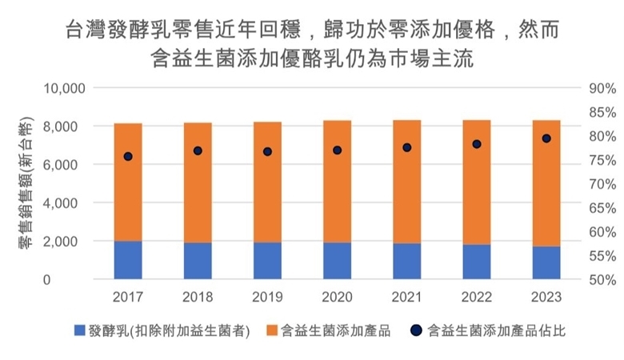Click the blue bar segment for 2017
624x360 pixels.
click(x=127, y=260)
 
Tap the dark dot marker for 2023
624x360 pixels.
click(x=546, y=138)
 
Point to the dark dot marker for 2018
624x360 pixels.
click(x=198, y=150)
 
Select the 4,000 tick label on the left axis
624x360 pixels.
click(x=62, y=203)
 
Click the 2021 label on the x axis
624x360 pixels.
click(x=406, y=298)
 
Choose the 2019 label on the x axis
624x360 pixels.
click(x=267, y=298)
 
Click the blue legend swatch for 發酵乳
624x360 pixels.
click(x=79, y=330)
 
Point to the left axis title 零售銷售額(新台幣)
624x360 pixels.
click(x=23, y=183)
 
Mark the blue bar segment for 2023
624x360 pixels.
click(x=546, y=263)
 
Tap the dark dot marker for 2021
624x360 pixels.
click(x=406, y=147)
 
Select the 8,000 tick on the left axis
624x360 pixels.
click(x=62, y=126)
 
